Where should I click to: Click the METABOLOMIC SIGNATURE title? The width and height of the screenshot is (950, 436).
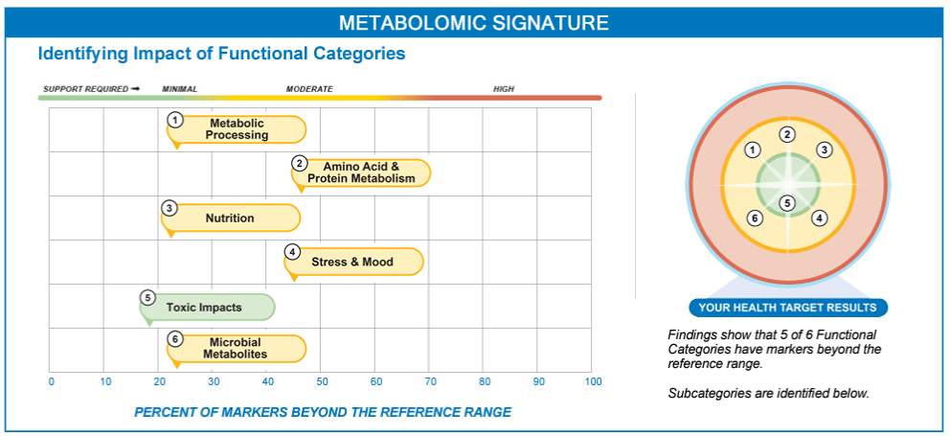click(474, 22)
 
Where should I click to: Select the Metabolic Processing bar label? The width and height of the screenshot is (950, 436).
click(237, 129)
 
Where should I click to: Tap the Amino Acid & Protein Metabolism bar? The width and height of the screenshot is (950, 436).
click(362, 172)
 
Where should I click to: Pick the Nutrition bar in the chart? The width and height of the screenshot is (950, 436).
click(230, 218)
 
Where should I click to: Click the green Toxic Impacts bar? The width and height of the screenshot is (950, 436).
click(205, 307)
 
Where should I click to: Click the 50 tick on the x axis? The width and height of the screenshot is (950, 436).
click(322, 382)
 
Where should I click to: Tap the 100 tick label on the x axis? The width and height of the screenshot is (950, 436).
click(593, 382)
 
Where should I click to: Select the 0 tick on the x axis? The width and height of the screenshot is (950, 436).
click(51, 382)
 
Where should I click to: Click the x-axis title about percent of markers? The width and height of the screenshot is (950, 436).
click(323, 412)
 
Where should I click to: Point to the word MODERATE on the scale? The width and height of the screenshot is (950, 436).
click(309, 89)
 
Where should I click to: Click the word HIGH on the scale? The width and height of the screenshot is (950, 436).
click(503, 89)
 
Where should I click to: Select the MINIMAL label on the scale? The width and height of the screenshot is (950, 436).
click(179, 89)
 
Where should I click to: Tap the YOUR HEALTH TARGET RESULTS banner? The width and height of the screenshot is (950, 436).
click(787, 308)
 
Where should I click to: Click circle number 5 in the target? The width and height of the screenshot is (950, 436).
click(787, 202)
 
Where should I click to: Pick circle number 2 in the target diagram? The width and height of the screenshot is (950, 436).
click(787, 134)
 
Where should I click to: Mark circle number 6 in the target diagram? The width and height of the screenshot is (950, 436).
click(755, 218)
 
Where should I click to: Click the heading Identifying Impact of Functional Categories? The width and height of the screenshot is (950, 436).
click(221, 54)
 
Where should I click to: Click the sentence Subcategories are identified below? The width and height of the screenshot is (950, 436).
click(768, 393)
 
